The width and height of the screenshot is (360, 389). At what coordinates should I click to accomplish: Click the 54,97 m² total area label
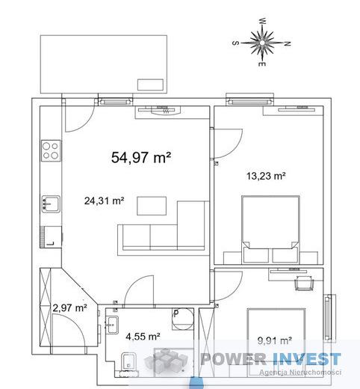click(x=141, y=158)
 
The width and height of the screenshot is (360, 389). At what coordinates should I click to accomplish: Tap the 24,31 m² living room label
click(x=104, y=200)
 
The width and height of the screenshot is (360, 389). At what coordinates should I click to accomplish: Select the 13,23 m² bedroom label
click(x=266, y=176)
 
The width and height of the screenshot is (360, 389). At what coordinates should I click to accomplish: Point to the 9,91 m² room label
click(x=275, y=340)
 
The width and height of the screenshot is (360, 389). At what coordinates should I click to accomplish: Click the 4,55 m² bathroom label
click(x=143, y=337)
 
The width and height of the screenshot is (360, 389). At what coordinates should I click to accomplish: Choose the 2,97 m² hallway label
click(x=69, y=307)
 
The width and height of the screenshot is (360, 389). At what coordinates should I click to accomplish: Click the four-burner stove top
click(x=51, y=150)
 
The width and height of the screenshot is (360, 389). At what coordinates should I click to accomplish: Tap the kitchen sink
click(x=51, y=203)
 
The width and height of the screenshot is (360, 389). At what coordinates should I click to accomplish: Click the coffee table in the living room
click(x=152, y=206)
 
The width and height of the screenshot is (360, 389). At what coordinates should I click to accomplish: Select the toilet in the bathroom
click(x=128, y=361)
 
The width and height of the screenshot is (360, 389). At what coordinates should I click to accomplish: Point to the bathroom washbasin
click(x=113, y=325)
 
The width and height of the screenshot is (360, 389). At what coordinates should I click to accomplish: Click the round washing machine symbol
click(x=183, y=319)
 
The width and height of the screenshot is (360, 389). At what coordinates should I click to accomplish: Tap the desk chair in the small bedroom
click(x=304, y=283)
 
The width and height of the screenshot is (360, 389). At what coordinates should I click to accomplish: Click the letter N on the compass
click(x=288, y=43)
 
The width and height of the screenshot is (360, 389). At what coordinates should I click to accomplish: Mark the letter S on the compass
click(x=235, y=43)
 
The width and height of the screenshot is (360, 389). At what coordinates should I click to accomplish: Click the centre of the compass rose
click(x=262, y=43)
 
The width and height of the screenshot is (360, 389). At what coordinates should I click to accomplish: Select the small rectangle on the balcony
click(x=151, y=85)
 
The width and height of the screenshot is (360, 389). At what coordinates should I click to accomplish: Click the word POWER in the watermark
click(x=233, y=359)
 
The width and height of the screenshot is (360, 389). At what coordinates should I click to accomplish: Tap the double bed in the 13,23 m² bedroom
click(x=270, y=230)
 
